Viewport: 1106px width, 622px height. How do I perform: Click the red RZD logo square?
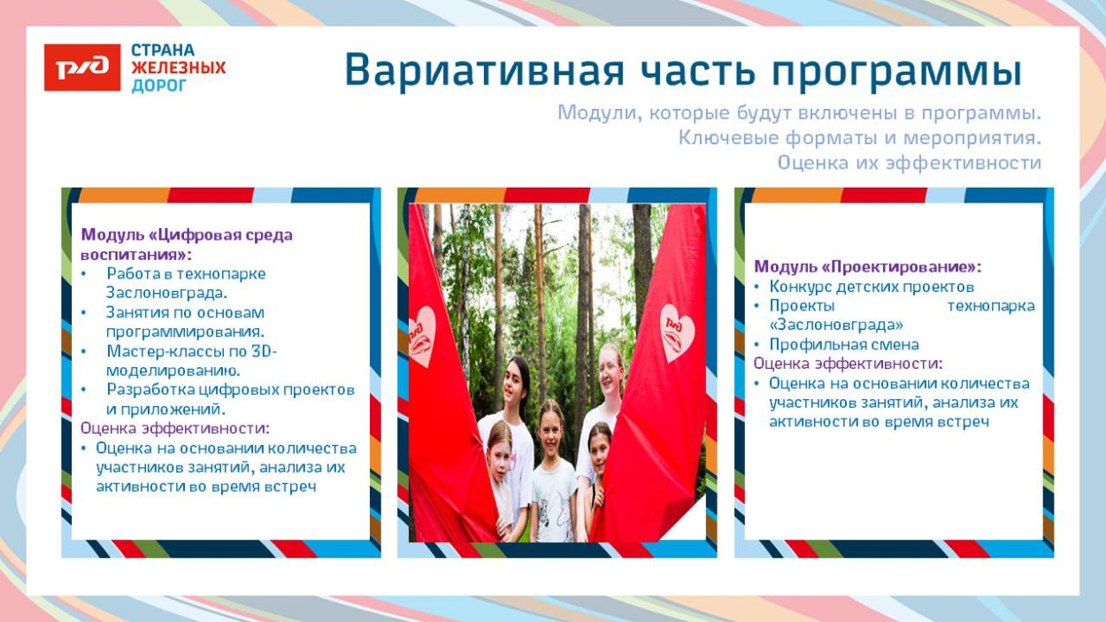[x=82, y=67]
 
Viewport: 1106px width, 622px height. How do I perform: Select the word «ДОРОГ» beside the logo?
[x=159, y=86]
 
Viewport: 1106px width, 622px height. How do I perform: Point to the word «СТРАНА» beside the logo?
[x=163, y=50]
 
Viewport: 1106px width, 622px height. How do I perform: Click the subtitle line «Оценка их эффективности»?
[x=909, y=163]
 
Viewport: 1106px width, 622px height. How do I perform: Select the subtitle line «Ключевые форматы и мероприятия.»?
[x=859, y=138]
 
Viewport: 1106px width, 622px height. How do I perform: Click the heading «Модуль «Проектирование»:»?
[x=867, y=266]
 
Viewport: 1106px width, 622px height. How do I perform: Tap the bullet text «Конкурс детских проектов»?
[x=872, y=287]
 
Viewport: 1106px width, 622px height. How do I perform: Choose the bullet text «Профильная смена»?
[x=844, y=345]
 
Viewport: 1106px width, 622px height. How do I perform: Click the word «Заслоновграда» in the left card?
[x=165, y=293]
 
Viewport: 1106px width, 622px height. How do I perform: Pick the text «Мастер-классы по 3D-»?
[x=192, y=350]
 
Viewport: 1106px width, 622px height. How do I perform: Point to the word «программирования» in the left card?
[x=177, y=331]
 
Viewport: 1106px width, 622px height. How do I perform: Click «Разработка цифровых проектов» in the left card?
[x=230, y=389]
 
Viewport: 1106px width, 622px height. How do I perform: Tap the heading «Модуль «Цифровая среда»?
[x=187, y=234]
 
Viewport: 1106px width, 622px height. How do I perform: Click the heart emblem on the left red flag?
[x=422, y=335]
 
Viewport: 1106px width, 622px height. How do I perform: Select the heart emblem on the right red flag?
[x=678, y=332]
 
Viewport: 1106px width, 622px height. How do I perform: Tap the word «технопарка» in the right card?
[x=990, y=306]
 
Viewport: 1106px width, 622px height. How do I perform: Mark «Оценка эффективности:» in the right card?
[x=848, y=364]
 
